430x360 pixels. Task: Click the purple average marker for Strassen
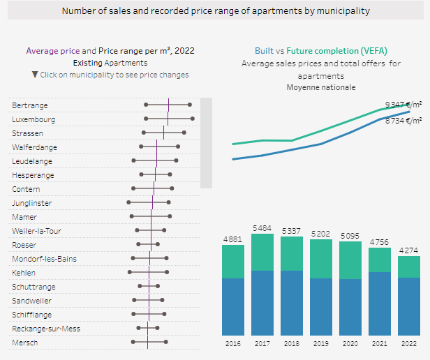click(x=163, y=133)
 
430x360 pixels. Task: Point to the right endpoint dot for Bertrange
click(x=191, y=105)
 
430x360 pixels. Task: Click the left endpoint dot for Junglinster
click(x=128, y=203)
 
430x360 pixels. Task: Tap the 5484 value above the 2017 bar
click(x=262, y=228)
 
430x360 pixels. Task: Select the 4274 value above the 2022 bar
click(x=409, y=250)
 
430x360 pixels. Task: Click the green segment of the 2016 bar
click(x=232, y=262)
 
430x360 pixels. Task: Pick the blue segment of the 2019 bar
click(x=320, y=307)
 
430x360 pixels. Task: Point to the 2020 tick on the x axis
click(x=350, y=343)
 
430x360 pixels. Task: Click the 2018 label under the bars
click(x=291, y=343)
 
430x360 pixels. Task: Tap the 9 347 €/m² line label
click(x=403, y=104)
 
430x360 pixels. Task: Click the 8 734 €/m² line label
click(x=403, y=121)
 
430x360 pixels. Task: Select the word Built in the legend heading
click(x=264, y=51)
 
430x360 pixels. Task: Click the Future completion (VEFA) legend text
click(x=336, y=51)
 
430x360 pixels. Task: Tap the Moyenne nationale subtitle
click(x=320, y=87)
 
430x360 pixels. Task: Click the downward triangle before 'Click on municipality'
click(x=35, y=75)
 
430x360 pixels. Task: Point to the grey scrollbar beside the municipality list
click(x=206, y=143)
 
